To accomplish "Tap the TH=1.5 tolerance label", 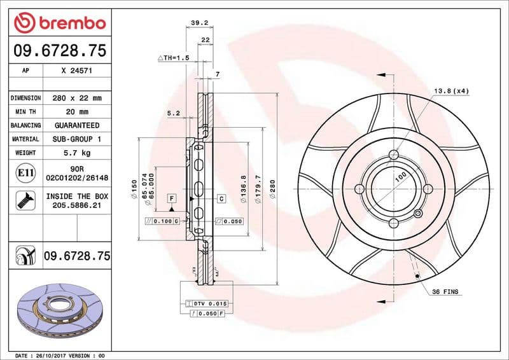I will [174, 57].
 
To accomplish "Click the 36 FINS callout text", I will [445, 292].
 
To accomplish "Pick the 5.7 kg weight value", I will [76, 153].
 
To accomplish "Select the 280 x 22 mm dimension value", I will [76, 99].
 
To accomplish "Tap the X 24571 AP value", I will [76, 71].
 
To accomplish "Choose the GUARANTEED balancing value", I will [76, 125].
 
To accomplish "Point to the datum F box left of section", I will [172, 199].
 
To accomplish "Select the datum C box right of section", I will [221, 199].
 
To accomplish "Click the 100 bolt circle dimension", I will [400, 177].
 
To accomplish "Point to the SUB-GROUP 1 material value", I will [76, 139].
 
